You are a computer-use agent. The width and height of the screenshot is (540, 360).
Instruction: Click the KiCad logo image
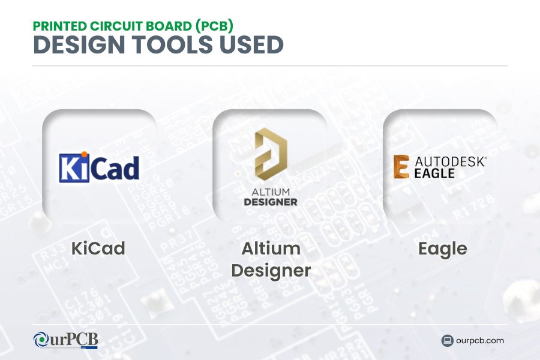coord(99,167)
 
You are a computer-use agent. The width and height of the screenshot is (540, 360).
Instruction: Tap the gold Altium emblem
coord(271,154)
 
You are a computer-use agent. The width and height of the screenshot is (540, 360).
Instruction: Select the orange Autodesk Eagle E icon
coord(401,167)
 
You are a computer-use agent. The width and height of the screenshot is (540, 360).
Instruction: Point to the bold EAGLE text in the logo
coord(434,173)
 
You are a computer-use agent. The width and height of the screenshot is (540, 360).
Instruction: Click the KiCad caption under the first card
coord(98,248)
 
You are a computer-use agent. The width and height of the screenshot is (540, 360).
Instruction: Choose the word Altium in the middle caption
coord(271,248)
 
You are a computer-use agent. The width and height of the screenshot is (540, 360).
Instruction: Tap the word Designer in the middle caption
coord(271,270)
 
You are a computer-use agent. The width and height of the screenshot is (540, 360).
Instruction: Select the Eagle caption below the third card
coord(442,248)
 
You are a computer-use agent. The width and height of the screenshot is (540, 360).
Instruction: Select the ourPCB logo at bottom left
coord(65,340)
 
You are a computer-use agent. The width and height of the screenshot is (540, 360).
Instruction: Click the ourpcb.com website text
coord(480,341)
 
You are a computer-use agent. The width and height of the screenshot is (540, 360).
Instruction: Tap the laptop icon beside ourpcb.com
coord(447,341)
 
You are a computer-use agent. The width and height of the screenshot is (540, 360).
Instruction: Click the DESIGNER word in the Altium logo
coord(271,202)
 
